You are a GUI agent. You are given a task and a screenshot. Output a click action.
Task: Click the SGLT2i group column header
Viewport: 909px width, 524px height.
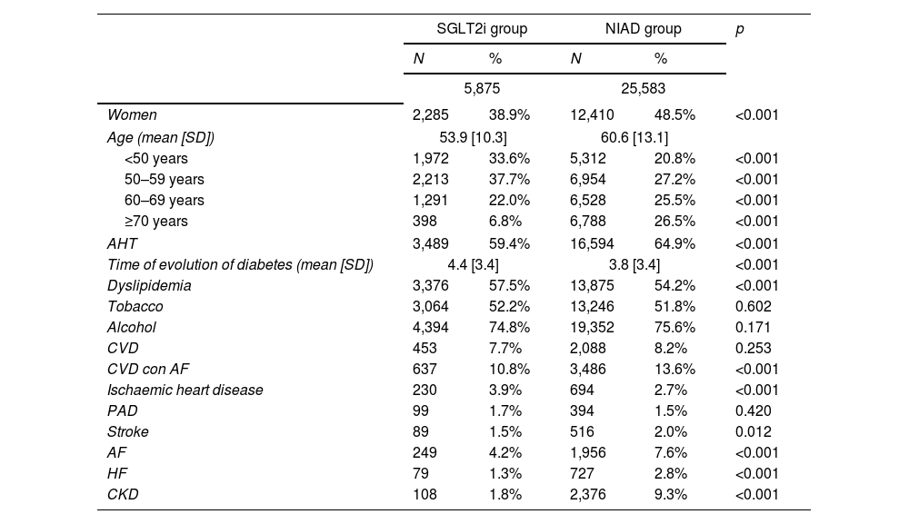pyautogui.click(x=482, y=29)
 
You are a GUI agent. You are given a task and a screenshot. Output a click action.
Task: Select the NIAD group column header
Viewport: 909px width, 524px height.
pyautogui.click(x=643, y=29)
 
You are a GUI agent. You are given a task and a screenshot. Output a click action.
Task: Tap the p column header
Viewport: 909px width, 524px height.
pyautogui.click(x=739, y=30)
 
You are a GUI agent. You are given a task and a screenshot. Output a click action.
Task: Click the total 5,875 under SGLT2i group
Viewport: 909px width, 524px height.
pyautogui.click(x=482, y=89)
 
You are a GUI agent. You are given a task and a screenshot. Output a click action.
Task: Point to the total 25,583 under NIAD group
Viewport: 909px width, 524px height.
pyautogui.click(x=643, y=89)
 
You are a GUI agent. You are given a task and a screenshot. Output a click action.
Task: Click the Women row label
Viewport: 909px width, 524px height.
pyautogui.click(x=132, y=114)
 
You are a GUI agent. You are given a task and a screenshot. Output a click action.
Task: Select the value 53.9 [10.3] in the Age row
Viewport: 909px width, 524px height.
pyautogui.click(x=473, y=138)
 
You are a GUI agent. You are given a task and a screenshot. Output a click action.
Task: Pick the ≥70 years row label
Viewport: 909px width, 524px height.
pyautogui.click(x=156, y=222)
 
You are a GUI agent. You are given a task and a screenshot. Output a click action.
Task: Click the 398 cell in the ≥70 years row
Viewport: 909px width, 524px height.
pyautogui.click(x=425, y=222)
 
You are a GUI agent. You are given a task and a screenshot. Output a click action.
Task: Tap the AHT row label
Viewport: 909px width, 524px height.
pyautogui.click(x=122, y=243)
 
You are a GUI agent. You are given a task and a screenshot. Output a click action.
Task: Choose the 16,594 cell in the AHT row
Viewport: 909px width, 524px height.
pyautogui.click(x=592, y=243)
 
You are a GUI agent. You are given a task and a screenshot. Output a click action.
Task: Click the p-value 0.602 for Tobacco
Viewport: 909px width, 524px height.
pyautogui.click(x=753, y=306)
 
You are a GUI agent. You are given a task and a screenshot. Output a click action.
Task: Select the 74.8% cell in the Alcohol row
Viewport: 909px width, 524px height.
pyautogui.click(x=509, y=327)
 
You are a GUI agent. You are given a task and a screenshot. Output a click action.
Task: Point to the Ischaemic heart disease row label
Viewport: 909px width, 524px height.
pyautogui.click(x=185, y=390)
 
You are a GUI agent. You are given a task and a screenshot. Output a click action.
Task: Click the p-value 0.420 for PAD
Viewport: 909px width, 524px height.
pyautogui.click(x=753, y=410)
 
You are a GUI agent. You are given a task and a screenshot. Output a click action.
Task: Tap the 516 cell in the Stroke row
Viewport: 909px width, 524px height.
pyautogui.click(x=582, y=431)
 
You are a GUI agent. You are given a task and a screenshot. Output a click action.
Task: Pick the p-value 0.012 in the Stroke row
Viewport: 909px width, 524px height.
pyautogui.click(x=753, y=431)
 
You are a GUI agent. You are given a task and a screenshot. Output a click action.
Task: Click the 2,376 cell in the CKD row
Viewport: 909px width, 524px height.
pyautogui.click(x=588, y=494)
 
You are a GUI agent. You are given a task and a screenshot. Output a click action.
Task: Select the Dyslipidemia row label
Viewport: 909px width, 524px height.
pyautogui.click(x=149, y=285)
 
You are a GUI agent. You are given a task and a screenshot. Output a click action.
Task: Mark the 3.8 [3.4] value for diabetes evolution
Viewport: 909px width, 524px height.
pyautogui.click(x=634, y=264)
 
